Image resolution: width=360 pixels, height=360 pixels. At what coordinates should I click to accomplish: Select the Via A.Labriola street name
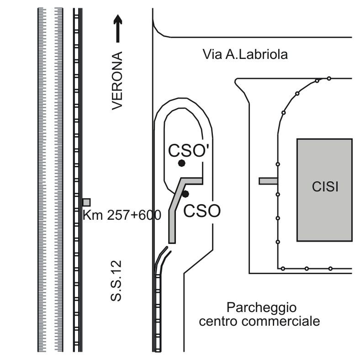[x=245, y=55]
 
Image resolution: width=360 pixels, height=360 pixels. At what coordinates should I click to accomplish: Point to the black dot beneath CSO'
[x=182, y=163]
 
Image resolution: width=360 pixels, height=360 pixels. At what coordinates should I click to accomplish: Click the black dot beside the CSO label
[x=185, y=194]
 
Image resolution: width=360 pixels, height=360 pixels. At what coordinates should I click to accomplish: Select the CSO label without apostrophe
[x=202, y=211]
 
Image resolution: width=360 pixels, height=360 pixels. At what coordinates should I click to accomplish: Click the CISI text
[x=325, y=187]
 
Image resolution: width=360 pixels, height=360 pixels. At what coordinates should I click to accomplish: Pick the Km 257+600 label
[x=122, y=215]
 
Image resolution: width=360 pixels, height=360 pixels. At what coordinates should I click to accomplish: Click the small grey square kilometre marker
[x=86, y=202]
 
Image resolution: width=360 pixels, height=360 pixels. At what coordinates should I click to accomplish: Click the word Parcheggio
[x=262, y=307]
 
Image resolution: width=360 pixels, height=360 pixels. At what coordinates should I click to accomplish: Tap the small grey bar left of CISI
[x=268, y=181]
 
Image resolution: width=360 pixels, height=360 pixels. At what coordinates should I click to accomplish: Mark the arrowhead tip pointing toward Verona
[x=118, y=16]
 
